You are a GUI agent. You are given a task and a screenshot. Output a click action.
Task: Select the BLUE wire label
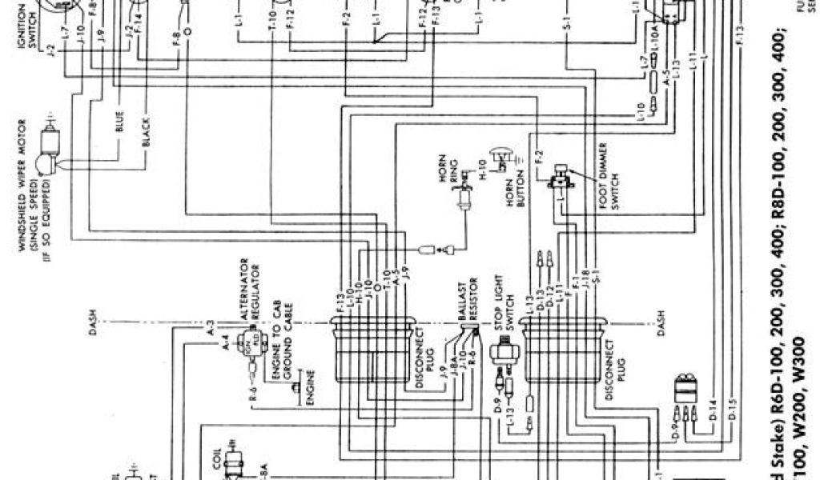tap(119, 128)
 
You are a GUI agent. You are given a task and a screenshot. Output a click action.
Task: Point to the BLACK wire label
tap(146, 133)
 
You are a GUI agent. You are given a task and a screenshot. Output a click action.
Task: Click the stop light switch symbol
tap(504, 353)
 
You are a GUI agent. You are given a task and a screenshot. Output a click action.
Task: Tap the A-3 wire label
tap(210, 329)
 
